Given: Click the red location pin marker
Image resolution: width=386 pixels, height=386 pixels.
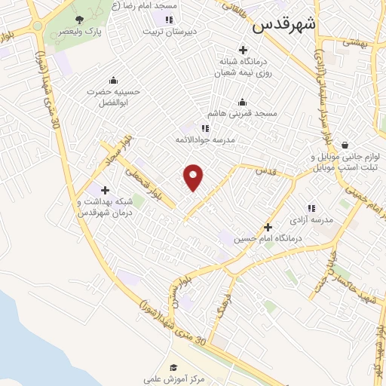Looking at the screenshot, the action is tap(194, 177).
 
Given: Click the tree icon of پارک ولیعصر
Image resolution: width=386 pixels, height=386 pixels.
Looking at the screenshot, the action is tap(80, 20).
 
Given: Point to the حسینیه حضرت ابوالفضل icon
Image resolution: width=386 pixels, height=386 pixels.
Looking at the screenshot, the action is tap(113, 81).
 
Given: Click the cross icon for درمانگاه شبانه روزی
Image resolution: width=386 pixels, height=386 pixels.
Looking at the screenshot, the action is tap(242, 49).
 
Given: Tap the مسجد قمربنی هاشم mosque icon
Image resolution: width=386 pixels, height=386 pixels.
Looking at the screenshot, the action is tap(242, 103).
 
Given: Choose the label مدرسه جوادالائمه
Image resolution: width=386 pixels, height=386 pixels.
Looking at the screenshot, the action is tap(206, 140).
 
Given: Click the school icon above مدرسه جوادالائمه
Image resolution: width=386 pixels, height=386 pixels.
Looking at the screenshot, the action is tap(206, 128).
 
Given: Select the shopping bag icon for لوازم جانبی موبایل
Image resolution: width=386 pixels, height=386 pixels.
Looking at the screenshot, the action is tap(345, 144).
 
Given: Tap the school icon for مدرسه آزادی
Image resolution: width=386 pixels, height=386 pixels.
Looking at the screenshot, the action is tap(311, 208).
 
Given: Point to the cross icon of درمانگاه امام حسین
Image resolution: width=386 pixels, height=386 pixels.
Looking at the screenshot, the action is tap(268, 226).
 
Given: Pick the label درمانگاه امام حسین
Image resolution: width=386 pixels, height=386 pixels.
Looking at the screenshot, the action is tap(268, 238).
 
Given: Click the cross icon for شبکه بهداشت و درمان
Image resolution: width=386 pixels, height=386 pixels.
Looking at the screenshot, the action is tap(105, 190).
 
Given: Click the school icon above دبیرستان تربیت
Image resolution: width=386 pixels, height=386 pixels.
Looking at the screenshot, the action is tap(169, 20).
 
